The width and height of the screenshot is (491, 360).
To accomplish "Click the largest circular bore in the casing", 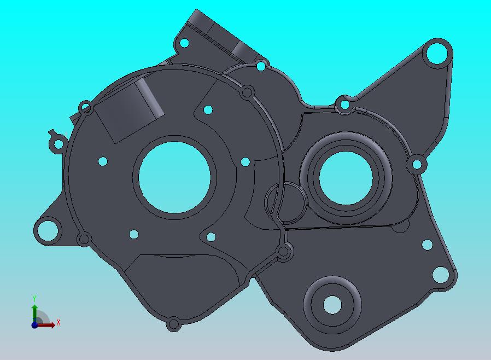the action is [x=174, y=178].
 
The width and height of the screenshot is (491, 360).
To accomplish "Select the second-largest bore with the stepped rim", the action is [x=346, y=178].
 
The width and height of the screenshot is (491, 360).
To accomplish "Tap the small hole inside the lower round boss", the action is [x=332, y=305].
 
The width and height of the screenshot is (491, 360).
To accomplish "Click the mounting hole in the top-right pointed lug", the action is [x=437, y=53].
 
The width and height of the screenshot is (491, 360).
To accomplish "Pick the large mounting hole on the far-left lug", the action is [x=48, y=230].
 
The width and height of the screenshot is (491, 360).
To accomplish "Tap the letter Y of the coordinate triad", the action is [x=34, y=298].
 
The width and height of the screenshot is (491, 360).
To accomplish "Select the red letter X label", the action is [x=59, y=322].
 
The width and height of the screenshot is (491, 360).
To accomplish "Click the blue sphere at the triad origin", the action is [x=34, y=325].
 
